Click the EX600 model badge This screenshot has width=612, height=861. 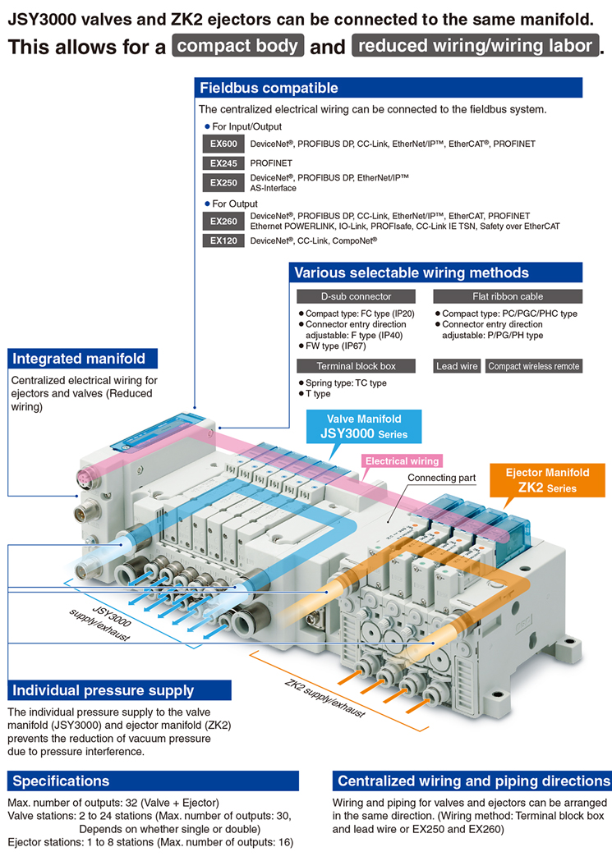(223, 144)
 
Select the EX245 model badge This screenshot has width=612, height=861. (223, 163)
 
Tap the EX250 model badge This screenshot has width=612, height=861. (223, 182)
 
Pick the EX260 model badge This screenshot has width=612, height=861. (223, 221)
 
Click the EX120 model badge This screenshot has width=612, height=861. (223, 240)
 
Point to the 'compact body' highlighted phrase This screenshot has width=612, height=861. (238, 46)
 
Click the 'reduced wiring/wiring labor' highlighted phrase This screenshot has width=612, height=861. (475, 46)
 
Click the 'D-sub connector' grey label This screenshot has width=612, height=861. (356, 296)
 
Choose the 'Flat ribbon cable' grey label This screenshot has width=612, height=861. (508, 296)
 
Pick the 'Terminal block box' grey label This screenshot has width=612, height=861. (356, 366)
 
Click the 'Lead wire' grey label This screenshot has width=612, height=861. (457, 366)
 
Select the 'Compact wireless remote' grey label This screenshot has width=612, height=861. (533, 366)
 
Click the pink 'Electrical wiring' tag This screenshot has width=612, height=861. (402, 461)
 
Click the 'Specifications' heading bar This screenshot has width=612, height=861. (153, 781)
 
